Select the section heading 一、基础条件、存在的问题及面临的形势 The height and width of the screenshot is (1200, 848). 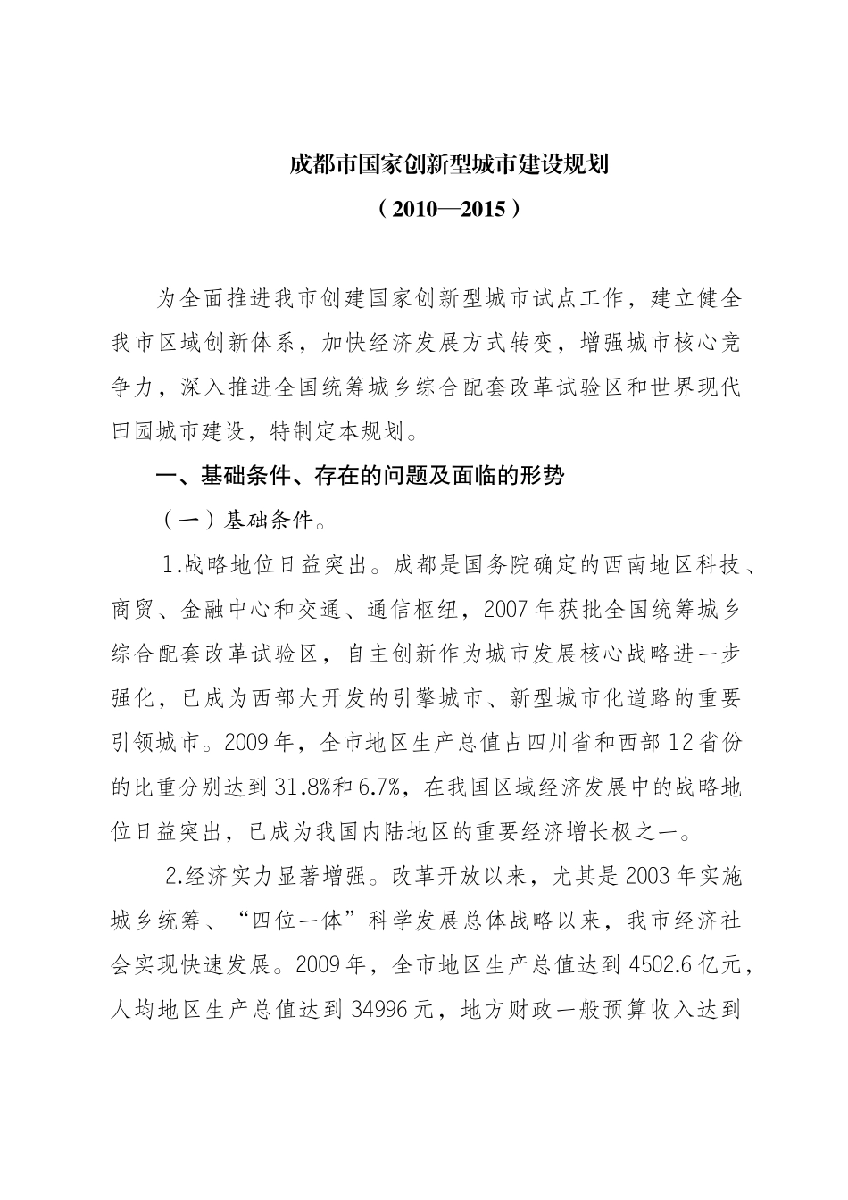[x=361, y=476]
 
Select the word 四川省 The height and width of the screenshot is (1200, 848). [x=528, y=743]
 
